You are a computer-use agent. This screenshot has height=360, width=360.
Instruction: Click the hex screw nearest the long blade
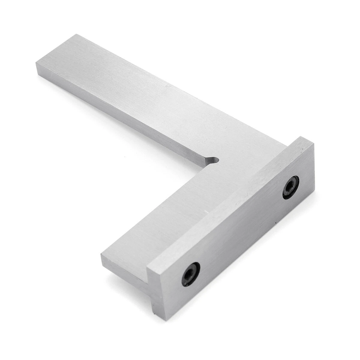(x=291, y=187)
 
